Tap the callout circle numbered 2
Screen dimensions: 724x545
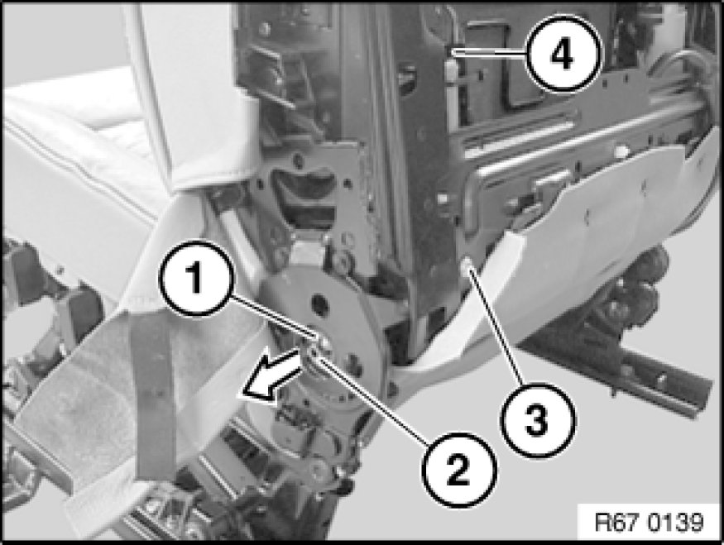[459, 470]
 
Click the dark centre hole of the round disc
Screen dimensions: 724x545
[319, 302]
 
